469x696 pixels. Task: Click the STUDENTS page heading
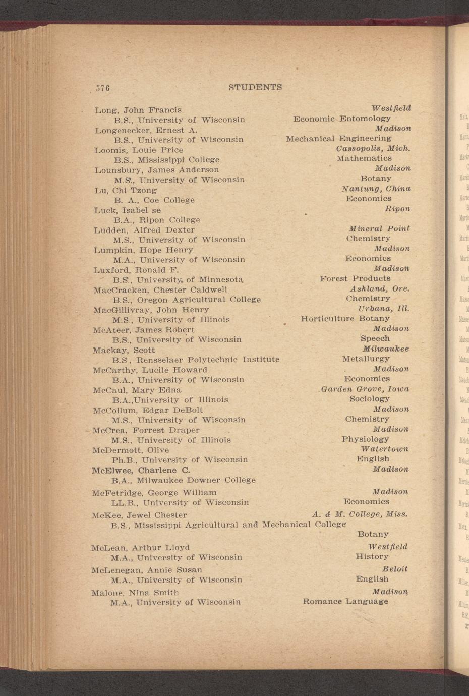pyautogui.click(x=255, y=87)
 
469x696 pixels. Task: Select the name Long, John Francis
pyautogui.click(x=138, y=110)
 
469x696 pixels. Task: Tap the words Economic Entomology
pyautogui.click(x=342, y=119)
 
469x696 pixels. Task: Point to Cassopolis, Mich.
pyautogui.click(x=373, y=149)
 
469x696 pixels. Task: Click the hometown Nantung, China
pyautogui.click(x=376, y=189)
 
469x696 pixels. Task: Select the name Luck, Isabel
pyautogui.click(x=128, y=210)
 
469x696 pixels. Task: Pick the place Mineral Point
pyautogui.click(x=379, y=228)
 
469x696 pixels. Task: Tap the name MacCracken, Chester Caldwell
pyautogui.click(x=160, y=290)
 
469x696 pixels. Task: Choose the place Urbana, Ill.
pyautogui.click(x=383, y=308)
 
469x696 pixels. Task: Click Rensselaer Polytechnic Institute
pyautogui.click(x=208, y=360)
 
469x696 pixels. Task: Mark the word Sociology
pyautogui.click(x=370, y=399)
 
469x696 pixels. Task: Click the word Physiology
pyautogui.click(x=365, y=439)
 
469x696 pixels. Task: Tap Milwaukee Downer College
pyautogui.click(x=196, y=480)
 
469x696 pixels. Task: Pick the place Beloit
pyautogui.click(x=395, y=569)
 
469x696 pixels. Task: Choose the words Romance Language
pyautogui.click(x=345, y=601)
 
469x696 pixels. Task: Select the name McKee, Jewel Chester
pyautogui.click(x=139, y=515)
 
